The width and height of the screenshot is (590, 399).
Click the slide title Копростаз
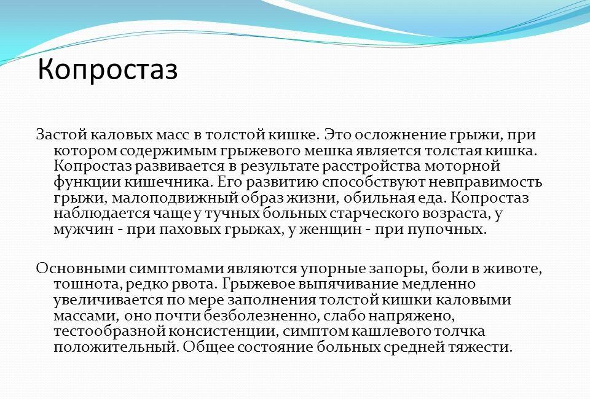click(x=108, y=70)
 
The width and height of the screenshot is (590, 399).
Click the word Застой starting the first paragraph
click(x=61, y=135)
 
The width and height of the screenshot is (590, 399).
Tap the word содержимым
click(x=167, y=151)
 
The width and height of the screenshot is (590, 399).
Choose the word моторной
click(x=462, y=166)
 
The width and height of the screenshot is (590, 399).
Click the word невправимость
click(x=486, y=182)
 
